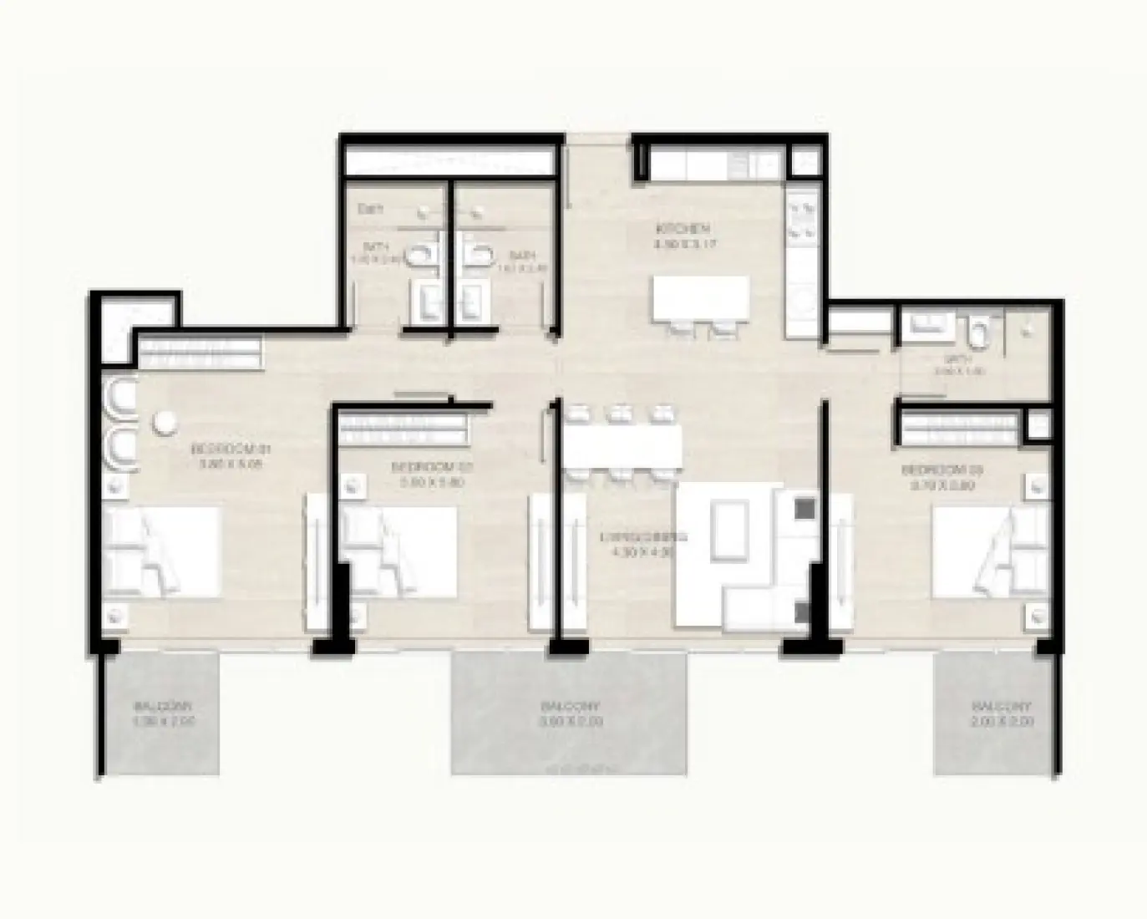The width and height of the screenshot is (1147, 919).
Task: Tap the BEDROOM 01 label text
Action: pyautogui.click(x=226, y=449)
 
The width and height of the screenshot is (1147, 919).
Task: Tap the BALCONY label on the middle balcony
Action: pyautogui.click(x=571, y=705)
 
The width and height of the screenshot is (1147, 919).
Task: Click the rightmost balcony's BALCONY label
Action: pyautogui.click(x=994, y=705)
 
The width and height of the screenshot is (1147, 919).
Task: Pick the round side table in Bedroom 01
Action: pyautogui.click(x=165, y=424)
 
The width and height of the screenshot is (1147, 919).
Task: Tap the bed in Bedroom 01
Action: pyautogui.click(x=162, y=552)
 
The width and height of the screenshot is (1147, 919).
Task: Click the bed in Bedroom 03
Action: pyautogui.click(x=989, y=552)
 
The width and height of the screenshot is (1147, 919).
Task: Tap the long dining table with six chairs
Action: pyautogui.click(x=622, y=446)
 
